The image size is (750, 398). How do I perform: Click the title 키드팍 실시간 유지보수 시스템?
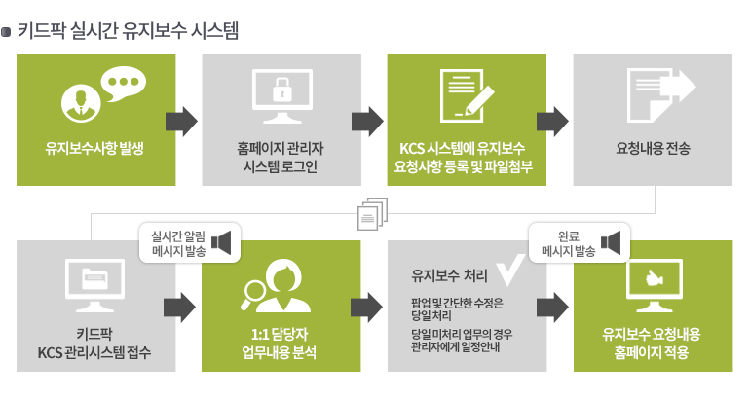point(128,31)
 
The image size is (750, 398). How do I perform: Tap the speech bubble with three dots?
point(124,83)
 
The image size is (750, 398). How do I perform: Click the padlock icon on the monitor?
point(281,90)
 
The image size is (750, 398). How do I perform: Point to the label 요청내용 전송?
point(653,148)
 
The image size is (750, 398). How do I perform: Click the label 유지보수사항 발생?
point(94,148)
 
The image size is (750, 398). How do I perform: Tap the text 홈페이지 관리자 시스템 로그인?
point(281,158)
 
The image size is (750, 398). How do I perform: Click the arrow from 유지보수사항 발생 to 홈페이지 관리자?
point(181,122)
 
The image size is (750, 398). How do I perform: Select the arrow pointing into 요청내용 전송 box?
point(552,122)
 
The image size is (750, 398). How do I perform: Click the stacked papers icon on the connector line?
point(373,213)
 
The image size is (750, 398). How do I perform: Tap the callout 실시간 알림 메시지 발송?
point(190,242)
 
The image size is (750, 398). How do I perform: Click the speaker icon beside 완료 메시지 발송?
point(611,242)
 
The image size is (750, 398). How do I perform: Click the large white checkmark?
point(510,270)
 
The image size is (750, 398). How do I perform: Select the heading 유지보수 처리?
point(450,275)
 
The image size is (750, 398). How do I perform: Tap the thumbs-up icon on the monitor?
point(654,278)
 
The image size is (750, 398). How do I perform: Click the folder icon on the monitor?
point(94,279)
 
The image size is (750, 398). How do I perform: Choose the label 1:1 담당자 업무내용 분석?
point(280,344)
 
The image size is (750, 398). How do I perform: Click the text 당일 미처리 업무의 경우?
point(462,334)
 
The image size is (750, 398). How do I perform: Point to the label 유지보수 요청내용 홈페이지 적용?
point(652,344)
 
